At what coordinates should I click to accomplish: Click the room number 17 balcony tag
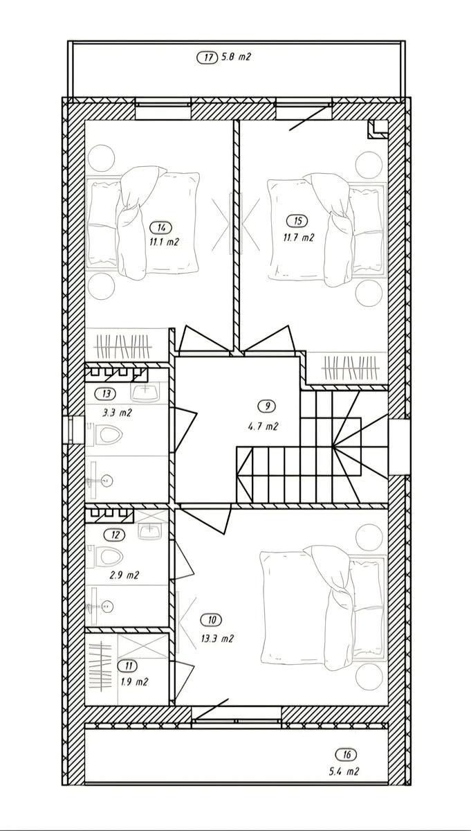(207, 57)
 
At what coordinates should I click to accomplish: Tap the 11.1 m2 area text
(164, 242)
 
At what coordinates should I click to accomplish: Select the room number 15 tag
(297, 221)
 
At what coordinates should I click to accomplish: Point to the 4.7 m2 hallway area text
(263, 427)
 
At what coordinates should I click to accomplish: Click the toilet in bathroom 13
(106, 434)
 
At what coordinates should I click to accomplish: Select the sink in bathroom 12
(150, 531)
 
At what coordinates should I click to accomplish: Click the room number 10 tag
(212, 620)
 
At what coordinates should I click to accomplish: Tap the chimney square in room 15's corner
(377, 129)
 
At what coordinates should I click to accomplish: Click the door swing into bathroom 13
(185, 430)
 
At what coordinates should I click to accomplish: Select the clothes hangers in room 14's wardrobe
(123, 346)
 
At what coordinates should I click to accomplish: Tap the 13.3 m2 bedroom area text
(218, 638)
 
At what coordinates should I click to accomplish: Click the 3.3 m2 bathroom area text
(118, 413)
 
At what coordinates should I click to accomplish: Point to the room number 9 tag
(266, 406)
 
